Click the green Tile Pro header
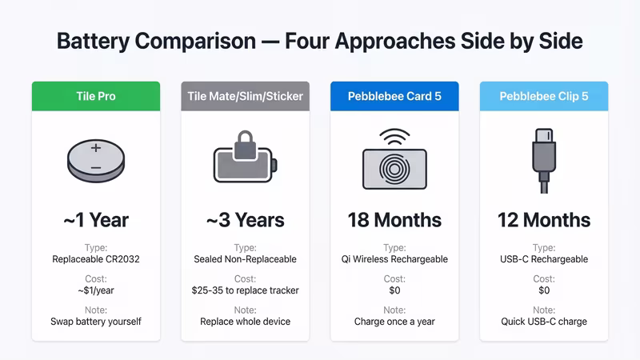point(96,96)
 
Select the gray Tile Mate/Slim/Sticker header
point(245,96)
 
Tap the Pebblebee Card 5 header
point(394,96)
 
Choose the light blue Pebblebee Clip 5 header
point(543,96)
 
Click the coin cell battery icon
point(96,159)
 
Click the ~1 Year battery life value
point(96,219)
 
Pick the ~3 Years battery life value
point(245,219)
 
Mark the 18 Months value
point(394,219)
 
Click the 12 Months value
point(543,219)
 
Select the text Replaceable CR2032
point(96,259)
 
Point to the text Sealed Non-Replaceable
point(245,259)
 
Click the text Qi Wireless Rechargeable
point(394,259)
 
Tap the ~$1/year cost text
point(96,290)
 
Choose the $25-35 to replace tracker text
point(245,290)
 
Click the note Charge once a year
point(394,322)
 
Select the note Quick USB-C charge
point(543,322)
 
